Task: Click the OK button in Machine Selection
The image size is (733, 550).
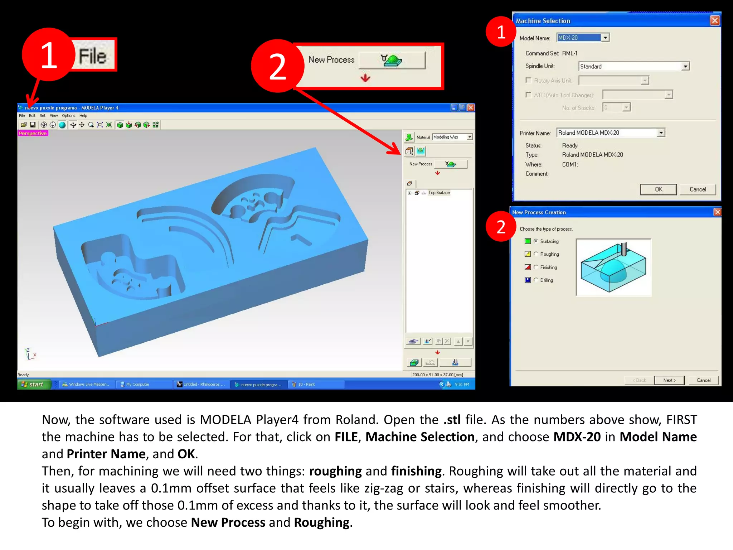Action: [658, 189]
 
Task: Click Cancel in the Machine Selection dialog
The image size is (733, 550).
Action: [698, 189]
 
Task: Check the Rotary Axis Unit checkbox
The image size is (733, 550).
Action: [528, 80]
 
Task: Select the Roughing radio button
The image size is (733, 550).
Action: [536, 254]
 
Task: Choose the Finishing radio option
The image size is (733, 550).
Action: [536, 267]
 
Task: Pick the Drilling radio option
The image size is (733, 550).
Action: [536, 280]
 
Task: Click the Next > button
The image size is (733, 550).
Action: [669, 380]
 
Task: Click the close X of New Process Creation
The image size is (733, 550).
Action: [717, 212]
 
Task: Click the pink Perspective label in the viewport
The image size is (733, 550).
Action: [33, 133]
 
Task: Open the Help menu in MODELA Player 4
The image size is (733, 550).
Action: [83, 116]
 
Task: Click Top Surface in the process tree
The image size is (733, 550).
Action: [439, 193]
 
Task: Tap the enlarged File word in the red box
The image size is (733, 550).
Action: [92, 56]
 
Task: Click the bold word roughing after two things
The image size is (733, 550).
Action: [335, 471]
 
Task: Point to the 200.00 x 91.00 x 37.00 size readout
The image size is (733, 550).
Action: [437, 375]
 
